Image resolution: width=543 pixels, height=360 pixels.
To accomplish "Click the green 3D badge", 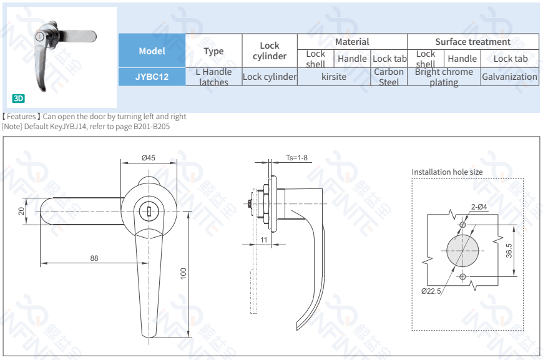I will point(18,99).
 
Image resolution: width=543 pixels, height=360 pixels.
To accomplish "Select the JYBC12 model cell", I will point(152,77).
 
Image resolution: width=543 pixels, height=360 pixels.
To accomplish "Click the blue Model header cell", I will point(152,51).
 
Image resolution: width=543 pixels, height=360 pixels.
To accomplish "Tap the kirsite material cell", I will point(334,77).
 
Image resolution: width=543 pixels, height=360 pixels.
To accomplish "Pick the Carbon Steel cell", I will point(389,77).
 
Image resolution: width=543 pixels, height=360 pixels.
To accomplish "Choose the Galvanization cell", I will point(509,77).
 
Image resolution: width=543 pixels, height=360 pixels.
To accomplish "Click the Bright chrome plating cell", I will point(444,77).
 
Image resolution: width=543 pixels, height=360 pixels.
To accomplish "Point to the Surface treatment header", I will point(472,42).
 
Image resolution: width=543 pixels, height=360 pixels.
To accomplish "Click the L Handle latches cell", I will point(213,77).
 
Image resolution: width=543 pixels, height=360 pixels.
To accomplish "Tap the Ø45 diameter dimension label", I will point(148,158).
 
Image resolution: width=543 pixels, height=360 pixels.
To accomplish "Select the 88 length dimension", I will point(94,258).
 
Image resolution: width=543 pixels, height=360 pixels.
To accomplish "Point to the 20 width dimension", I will point(21,211).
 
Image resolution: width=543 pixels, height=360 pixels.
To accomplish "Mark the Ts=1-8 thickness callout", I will point(296,158).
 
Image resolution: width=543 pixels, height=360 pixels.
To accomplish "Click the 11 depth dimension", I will point(264,240).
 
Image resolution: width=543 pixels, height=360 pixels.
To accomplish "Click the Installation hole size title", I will point(447,172).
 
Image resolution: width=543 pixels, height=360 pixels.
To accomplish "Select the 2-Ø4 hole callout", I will point(479,207).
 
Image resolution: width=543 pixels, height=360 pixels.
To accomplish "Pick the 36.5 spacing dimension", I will point(509,250).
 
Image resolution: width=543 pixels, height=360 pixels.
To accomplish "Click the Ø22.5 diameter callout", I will point(431,291).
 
